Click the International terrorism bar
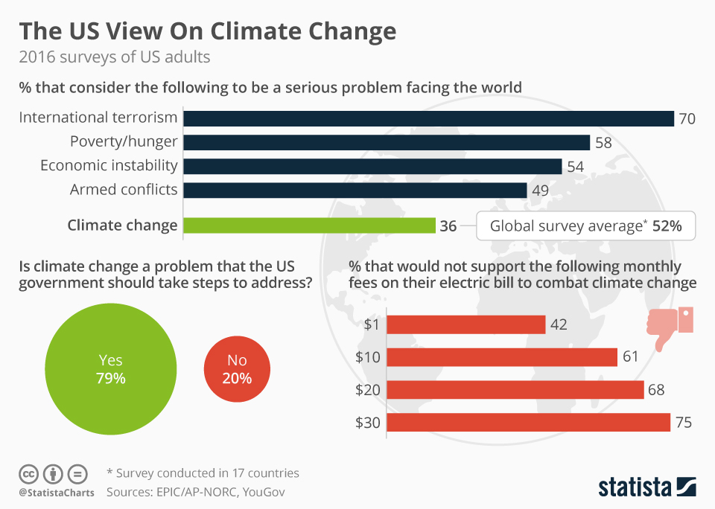click(x=428, y=118)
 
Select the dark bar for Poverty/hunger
click(x=387, y=142)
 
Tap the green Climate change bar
click(x=309, y=225)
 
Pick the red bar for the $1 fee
click(x=467, y=324)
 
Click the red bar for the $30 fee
click(x=529, y=423)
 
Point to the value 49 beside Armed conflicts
click(x=540, y=191)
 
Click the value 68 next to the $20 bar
click(x=656, y=390)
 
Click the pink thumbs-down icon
click(x=669, y=326)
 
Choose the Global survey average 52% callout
click(x=585, y=226)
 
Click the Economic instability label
click(x=109, y=166)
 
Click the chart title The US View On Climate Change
click(x=207, y=32)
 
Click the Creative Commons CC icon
click(x=28, y=473)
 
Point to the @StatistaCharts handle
click(x=57, y=493)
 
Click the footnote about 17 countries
click(x=203, y=473)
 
